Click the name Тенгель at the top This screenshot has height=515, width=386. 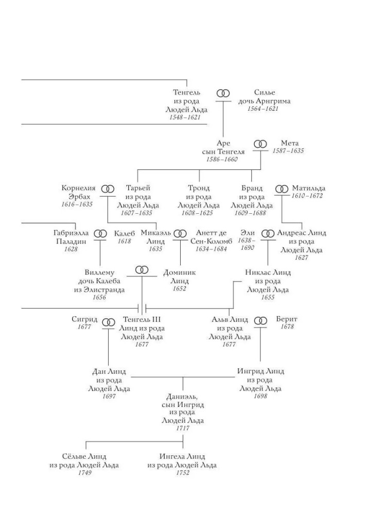[x=186, y=92]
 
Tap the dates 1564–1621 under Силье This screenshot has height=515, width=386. [x=262, y=109]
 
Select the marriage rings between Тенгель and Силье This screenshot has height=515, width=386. [x=223, y=93]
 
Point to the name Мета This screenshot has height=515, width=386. [x=289, y=143]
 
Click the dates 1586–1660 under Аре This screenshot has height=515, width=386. [x=222, y=159]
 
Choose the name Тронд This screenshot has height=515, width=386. [x=199, y=188]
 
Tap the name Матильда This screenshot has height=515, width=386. [x=308, y=188]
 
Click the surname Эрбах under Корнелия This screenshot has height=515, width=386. [x=79, y=197]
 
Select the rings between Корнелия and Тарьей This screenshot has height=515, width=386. [x=108, y=189]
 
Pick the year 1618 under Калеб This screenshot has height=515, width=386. [x=125, y=241]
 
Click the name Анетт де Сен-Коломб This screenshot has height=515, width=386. [x=212, y=237]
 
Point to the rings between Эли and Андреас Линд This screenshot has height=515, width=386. [x=268, y=233]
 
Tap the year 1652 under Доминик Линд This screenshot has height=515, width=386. [x=180, y=289]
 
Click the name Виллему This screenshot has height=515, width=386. [x=99, y=272]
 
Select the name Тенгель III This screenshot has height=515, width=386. [x=142, y=320]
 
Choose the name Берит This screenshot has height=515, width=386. [x=287, y=319]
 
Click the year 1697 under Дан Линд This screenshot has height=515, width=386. [x=109, y=396]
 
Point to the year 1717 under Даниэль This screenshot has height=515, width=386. [x=183, y=428]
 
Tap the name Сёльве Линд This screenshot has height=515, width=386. [x=84, y=456]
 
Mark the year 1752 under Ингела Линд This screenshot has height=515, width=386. [x=183, y=473]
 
